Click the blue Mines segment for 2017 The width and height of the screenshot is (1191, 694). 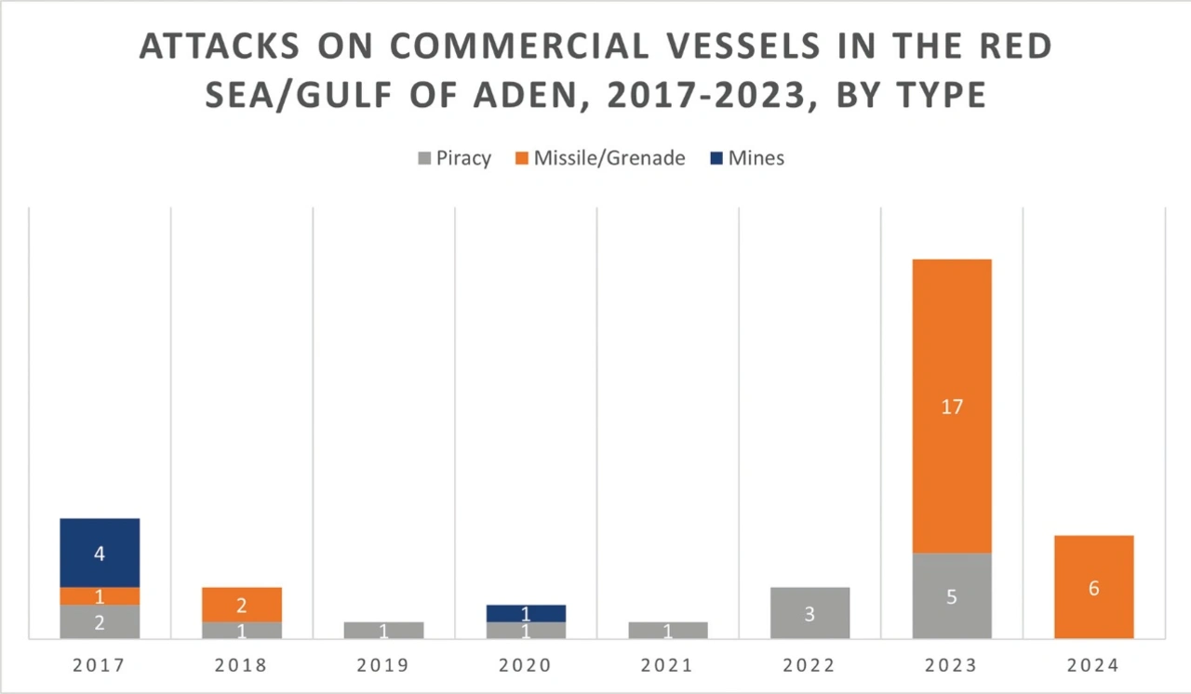pyautogui.click(x=100, y=553)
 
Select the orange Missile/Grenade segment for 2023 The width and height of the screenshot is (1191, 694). pyautogui.click(x=952, y=406)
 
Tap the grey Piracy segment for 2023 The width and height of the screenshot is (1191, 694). pyautogui.click(x=952, y=595)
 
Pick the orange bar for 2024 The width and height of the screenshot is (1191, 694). pyautogui.click(x=1093, y=587)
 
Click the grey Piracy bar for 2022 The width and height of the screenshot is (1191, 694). pyautogui.click(x=810, y=613)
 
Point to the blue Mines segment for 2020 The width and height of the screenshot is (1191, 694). pyautogui.click(x=526, y=613)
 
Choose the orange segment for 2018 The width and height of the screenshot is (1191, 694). pyautogui.click(x=242, y=605)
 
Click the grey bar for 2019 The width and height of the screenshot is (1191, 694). pyautogui.click(x=383, y=630)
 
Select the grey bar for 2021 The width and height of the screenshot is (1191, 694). pyautogui.click(x=668, y=630)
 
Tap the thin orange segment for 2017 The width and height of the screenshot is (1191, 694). pyautogui.click(x=100, y=596)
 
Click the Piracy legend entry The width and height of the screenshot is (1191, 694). pyautogui.click(x=453, y=158)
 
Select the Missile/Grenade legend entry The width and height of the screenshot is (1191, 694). pyautogui.click(x=599, y=158)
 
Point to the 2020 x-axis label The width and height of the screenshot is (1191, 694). pyautogui.click(x=526, y=666)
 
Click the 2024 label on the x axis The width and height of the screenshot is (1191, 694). pyautogui.click(x=1093, y=666)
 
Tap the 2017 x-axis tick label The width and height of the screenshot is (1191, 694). pyautogui.click(x=100, y=666)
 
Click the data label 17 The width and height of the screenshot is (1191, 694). pyautogui.click(x=952, y=407)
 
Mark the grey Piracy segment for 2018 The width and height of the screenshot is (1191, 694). pyautogui.click(x=242, y=630)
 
